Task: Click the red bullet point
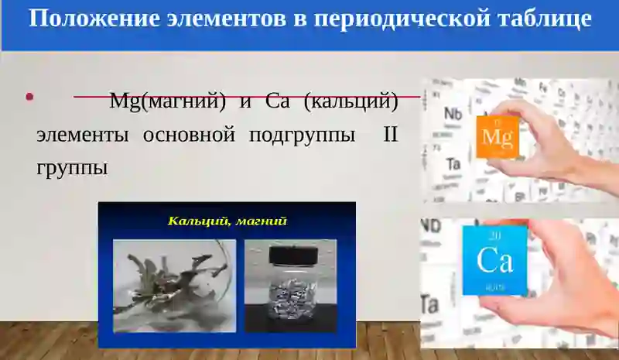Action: click(29, 97)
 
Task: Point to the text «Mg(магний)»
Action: click(167, 101)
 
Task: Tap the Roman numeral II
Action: click(390, 134)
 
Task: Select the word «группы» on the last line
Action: click(72, 167)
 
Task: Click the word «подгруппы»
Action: click(303, 134)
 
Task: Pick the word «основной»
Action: click(189, 134)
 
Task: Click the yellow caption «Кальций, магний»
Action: click(227, 221)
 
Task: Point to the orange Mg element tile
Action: click(496, 137)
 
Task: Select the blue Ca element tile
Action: click(494, 260)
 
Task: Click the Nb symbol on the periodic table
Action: click(453, 115)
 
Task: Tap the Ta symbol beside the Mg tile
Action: click(453, 163)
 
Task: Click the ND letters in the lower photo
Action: click(431, 226)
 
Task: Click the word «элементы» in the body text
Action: click(82, 134)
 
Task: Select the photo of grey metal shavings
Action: click(174, 285)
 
